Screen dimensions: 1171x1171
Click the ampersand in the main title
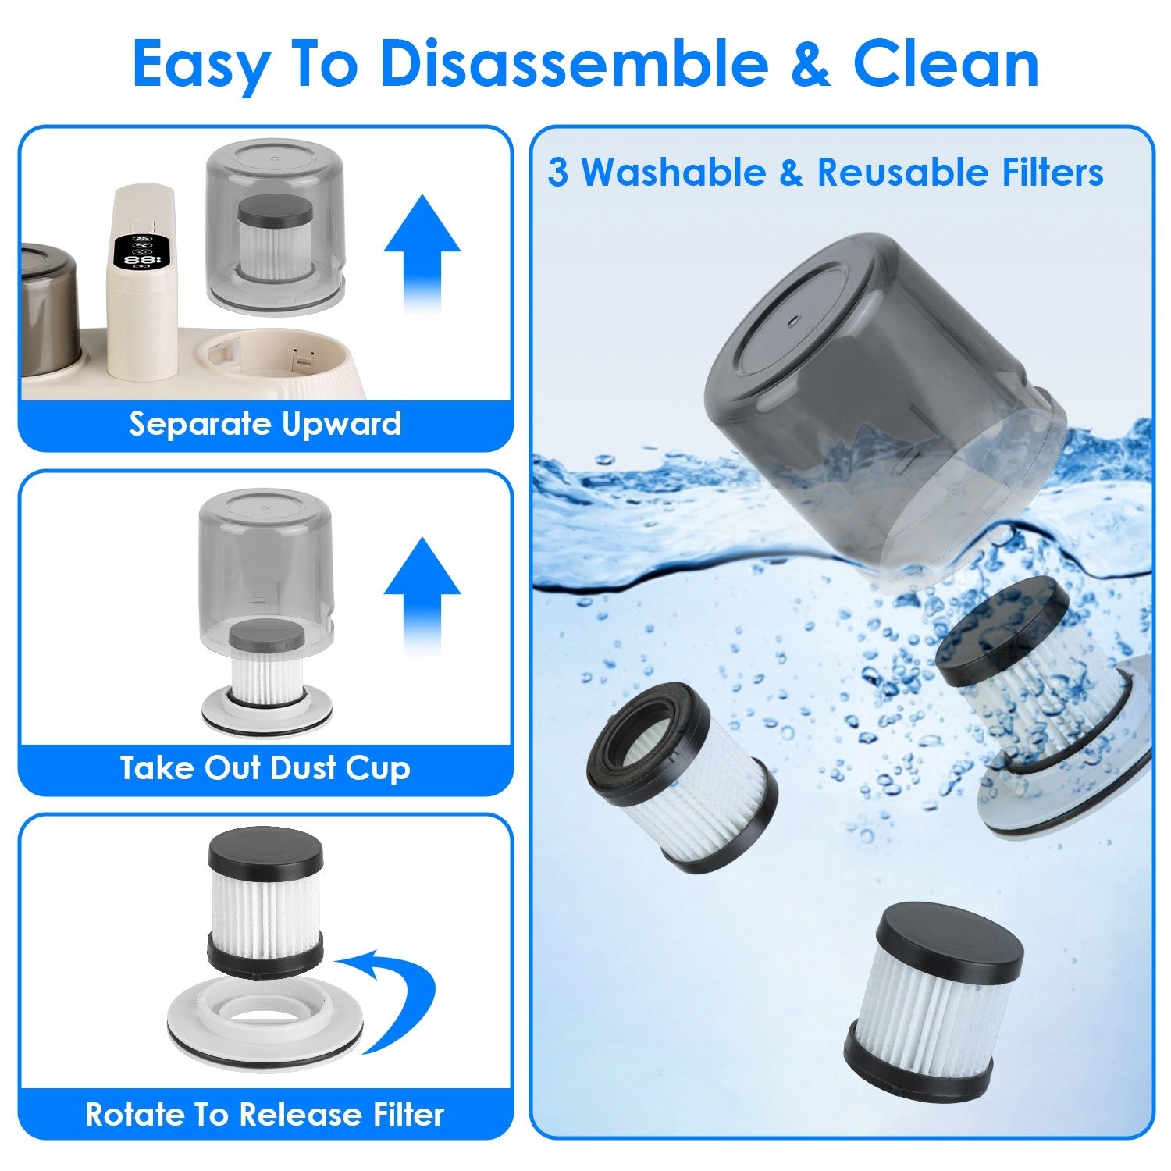pos(813,64)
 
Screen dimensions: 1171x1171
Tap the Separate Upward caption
pos(265,424)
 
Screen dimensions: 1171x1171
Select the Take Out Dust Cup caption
pos(265,768)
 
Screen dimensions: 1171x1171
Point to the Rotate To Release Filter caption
pos(265,1113)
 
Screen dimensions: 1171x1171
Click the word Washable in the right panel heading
pos(674,173)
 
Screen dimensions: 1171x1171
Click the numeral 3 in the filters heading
pos(557,173)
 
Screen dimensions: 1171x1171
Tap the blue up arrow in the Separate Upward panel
pos(422,250)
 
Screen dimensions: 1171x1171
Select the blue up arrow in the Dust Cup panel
pos(422,593)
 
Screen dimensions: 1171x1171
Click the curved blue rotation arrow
pos(394,999)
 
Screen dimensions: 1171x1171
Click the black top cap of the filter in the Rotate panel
pos(265,851)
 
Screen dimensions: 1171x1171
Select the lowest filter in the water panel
pos(933,999)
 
